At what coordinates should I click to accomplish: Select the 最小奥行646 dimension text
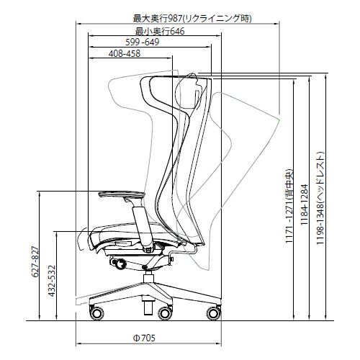pos(160,31)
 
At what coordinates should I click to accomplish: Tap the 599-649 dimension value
pos(143,42)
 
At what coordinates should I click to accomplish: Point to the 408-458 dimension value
pos(125,53)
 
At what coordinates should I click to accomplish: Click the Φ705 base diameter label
pos(144,338)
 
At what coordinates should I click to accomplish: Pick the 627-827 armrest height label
pos(35,261)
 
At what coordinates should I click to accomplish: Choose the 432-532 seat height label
pos(52,281)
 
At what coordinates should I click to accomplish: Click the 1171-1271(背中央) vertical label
pos(289,206)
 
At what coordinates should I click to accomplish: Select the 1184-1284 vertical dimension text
pos(304,204)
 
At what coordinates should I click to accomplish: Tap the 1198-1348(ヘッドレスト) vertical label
pos(320,198)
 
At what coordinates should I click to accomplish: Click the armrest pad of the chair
pos(122,194)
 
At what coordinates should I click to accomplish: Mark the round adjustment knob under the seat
pos(120,264)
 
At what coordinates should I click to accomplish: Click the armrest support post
pos(143,225)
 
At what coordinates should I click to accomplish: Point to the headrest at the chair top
pos(189,91)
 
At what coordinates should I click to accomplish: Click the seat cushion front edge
pos(92,240)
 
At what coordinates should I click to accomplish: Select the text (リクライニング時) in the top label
pos(217,19)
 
